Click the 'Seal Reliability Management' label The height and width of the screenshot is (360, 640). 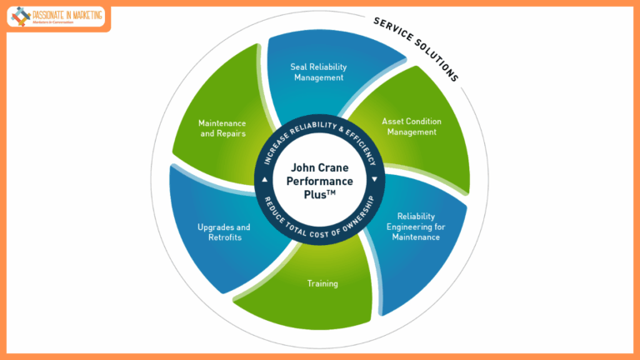coord(317,72)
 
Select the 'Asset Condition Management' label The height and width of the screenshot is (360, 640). coord(411,126)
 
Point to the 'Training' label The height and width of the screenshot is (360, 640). coord(322,283)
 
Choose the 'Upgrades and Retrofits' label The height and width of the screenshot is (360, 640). coord(223,232)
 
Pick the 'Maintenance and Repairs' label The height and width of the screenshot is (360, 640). coord(222,128)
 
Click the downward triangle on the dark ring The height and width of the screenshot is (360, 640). coord(374,179)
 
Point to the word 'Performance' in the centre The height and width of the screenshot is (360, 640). coord(319,181)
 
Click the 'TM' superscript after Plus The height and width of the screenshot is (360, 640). coord(336,193)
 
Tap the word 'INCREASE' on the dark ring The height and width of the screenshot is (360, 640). coord(274,152)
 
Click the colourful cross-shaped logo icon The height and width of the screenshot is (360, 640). coord(20,16)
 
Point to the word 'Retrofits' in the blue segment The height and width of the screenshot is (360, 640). coord(223,237)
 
